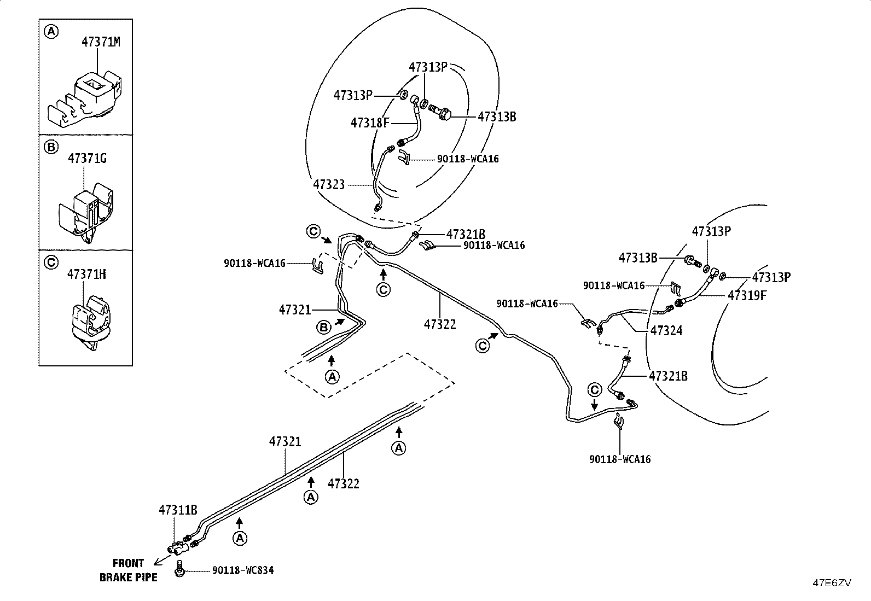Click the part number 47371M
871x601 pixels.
point(101,42)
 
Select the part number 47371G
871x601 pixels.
point(87,158)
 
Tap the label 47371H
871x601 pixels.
point(86,275)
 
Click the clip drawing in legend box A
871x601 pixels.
point(84,98)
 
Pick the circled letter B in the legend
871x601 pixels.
point(51,147)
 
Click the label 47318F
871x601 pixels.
point(370,123)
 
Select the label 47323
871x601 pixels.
point(329,184)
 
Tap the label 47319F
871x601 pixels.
point(747,295)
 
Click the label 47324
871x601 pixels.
point(666,330)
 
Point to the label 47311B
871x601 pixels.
point(178,510)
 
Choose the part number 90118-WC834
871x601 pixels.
point(243,570)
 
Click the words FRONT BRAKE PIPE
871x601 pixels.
point(129,570)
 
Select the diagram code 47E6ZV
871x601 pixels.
point(832,583)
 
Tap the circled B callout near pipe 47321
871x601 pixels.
point(323,328)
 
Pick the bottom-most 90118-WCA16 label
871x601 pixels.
point(620,459)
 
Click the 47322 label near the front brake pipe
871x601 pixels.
point(344,483)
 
